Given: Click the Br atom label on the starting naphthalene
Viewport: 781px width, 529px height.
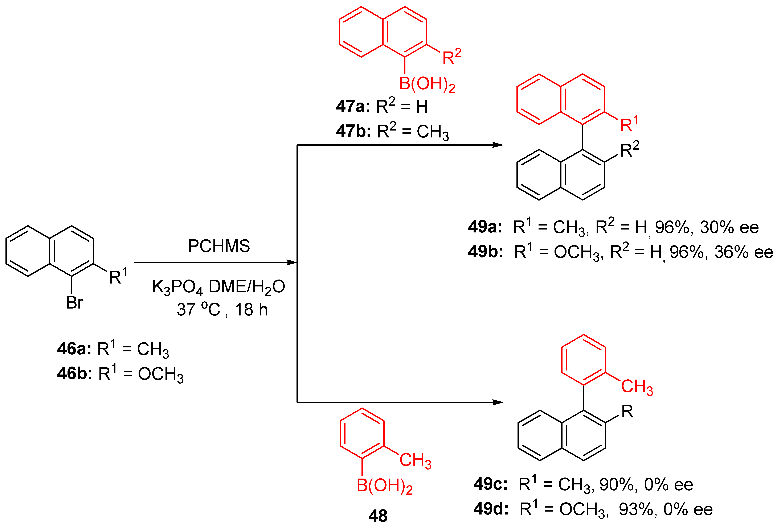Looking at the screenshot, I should coord(74,303).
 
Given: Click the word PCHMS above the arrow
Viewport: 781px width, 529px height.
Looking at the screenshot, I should coord(219,246).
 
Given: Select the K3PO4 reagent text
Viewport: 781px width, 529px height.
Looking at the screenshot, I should coord(177,287).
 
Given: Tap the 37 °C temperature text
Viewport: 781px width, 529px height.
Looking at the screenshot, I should coord(198,309).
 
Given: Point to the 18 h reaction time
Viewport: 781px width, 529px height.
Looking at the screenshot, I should coord(251,309).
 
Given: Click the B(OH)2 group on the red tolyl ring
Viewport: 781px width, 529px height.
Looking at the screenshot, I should coord(384,486).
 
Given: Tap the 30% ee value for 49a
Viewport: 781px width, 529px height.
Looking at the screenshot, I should coord(729,227).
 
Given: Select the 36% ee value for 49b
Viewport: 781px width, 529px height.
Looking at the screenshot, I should coord(744,252).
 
